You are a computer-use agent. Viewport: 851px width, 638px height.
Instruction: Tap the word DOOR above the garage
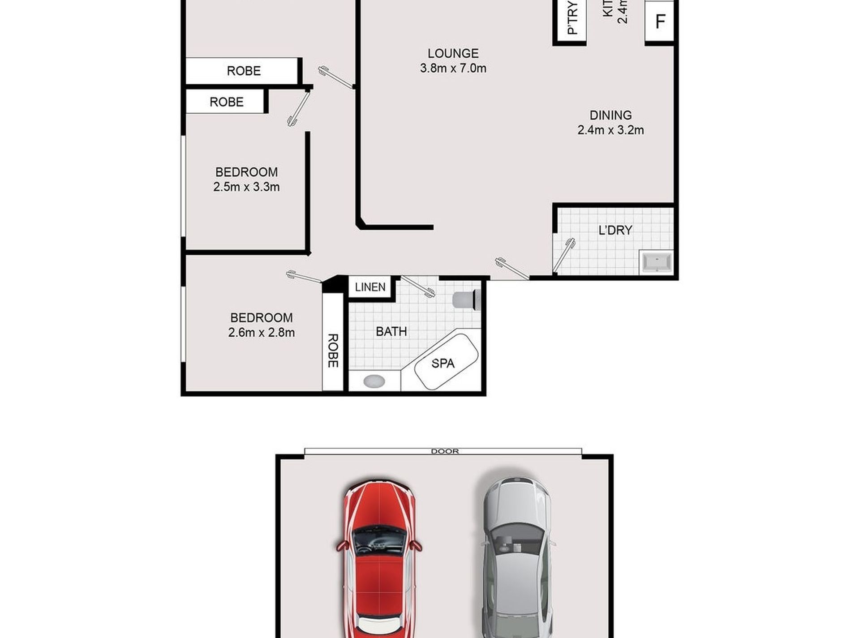click(x=445, y=451)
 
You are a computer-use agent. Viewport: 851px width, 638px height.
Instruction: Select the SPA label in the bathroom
click(x=443, y=363)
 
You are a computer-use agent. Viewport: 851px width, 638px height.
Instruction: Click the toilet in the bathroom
click(x=466, y=299)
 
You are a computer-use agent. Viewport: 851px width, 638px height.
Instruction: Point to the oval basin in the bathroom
click(x=374, y=381)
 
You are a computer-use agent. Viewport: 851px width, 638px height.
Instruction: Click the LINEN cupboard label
click(x=370, y=287)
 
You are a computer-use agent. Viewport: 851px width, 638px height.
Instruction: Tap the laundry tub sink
click(x=657, y=261)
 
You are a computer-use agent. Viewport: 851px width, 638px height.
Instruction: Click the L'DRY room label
click(x=615, y=230)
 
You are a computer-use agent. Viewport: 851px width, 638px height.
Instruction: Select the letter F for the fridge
click(x=660, y=21)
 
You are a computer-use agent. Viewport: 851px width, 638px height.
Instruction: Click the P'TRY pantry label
click(x=572, y=18)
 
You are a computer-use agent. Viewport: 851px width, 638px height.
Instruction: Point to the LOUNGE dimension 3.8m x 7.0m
click(x=453, y=69)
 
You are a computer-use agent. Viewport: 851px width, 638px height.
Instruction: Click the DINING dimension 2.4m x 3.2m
click(x=610, y=130)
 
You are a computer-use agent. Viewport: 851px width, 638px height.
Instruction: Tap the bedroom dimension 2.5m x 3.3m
click(x=246, y=187)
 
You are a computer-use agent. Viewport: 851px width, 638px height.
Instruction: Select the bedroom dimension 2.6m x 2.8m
click(x=261, y=333)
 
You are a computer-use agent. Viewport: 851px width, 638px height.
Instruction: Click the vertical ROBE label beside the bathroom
click(x=333, y=351)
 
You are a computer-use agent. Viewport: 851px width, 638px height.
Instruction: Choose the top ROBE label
click(x=244, y=71)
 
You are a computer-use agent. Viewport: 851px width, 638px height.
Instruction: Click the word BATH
click(x=391, y=332)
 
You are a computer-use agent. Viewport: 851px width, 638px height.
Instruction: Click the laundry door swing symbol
click(x=564, y=255)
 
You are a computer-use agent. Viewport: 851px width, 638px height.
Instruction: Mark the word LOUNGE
click(x=453, y=53)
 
